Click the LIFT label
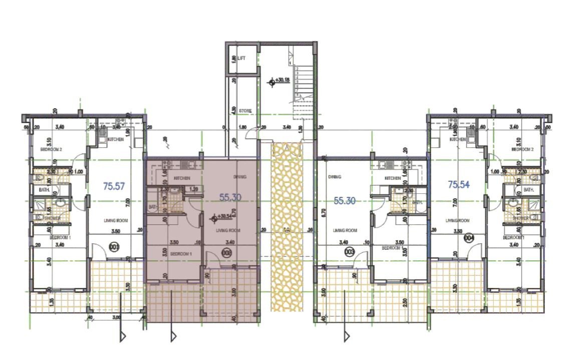point(242,59)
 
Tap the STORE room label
point(245,111)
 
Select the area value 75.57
point(114,186)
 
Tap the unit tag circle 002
point(226,253)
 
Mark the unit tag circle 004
point(469,237)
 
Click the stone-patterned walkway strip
point(284,225)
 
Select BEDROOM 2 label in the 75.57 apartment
point(51,150)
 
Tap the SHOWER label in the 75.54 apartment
point(520,218)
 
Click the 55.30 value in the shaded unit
point(230,198)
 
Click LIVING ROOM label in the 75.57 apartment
point(114,220)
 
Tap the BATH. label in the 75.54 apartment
point(529,190)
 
